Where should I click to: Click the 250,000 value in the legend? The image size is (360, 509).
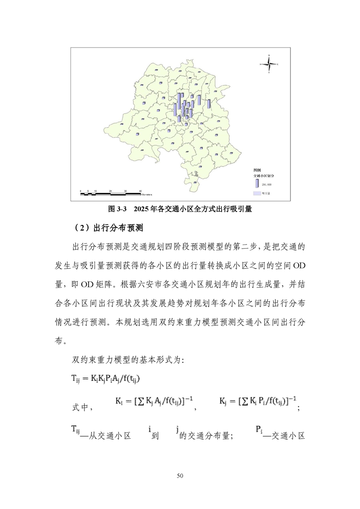pos(266,185)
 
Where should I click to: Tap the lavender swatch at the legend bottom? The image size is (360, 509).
pos(256,193)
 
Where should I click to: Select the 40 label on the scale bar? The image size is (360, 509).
pos(140,191)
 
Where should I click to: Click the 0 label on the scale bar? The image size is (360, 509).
pos(81,191)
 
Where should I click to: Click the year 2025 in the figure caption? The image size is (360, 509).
pos(142,209)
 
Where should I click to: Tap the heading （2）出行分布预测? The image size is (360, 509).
pos(106,227)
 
